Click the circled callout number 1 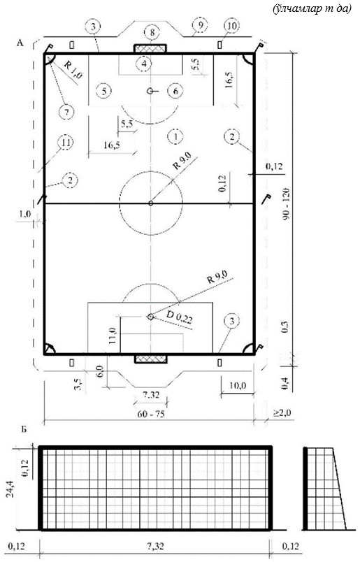(x=175, y=136)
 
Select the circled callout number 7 (x=66, y=111)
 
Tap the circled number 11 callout (x=66, y=143)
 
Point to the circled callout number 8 (x=152, y=33)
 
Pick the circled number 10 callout (x=232, y=26)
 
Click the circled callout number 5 (x=104, y=91)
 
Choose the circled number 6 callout (x=175, y=91)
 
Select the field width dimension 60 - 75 (x=150, y=414)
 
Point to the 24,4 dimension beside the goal (x=9, y=489)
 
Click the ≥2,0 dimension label (x=283, y=413)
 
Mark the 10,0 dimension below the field (x=237, y=386)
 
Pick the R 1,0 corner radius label (x=73, y=69)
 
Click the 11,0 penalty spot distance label (x=113, y=335)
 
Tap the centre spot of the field (x=150, y=203)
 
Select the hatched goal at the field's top (x=150, y=48)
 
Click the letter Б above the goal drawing (x=24, y=429)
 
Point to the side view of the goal (x=324, y=488)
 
